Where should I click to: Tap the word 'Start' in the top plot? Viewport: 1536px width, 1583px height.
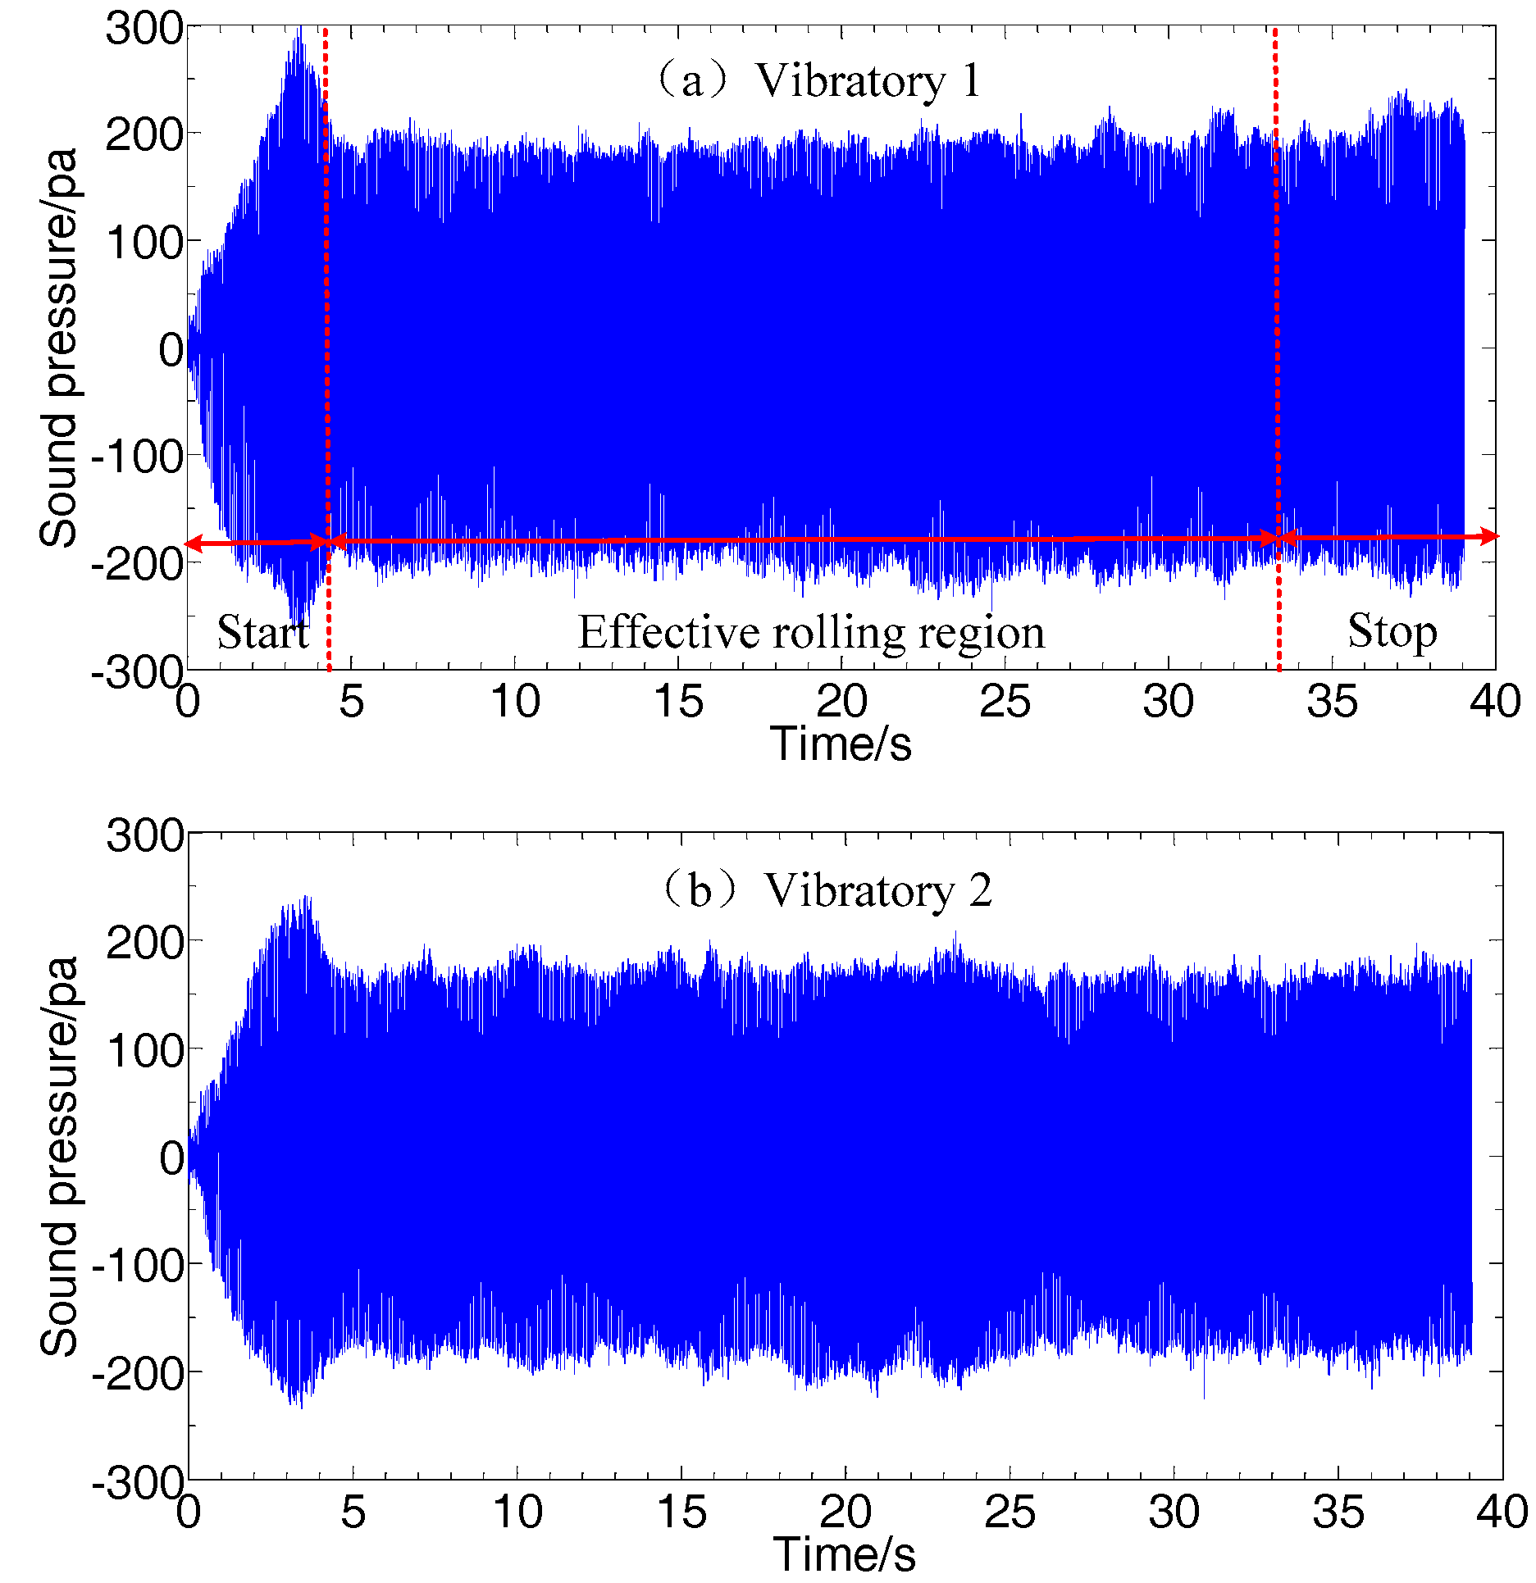[262, 631]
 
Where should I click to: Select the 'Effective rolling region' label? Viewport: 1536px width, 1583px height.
[811, 632]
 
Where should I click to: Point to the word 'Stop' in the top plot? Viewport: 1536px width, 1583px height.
[1392, 630]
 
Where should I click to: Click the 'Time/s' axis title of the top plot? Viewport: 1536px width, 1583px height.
[841, 744]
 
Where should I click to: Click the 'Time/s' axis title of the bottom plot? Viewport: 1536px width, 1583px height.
[844, 1554]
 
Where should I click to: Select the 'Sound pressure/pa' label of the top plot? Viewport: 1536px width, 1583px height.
[59, 348]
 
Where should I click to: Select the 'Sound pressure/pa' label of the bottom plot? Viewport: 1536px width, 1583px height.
[59, 1156]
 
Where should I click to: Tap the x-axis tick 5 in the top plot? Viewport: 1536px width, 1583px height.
[351, 702]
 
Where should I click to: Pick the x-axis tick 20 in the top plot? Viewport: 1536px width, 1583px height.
[841, 702]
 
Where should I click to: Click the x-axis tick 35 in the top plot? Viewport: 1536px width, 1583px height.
[1332, 702]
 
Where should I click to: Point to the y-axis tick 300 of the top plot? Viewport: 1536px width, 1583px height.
[144, 29]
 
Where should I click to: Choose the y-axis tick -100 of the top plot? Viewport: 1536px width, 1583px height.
[137, 456]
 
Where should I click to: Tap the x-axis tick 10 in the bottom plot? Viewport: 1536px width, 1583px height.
[517, 1512]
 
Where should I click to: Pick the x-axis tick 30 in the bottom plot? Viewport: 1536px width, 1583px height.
[1174, 1512]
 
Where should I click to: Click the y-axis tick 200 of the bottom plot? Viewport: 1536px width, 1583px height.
[145, 943]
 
